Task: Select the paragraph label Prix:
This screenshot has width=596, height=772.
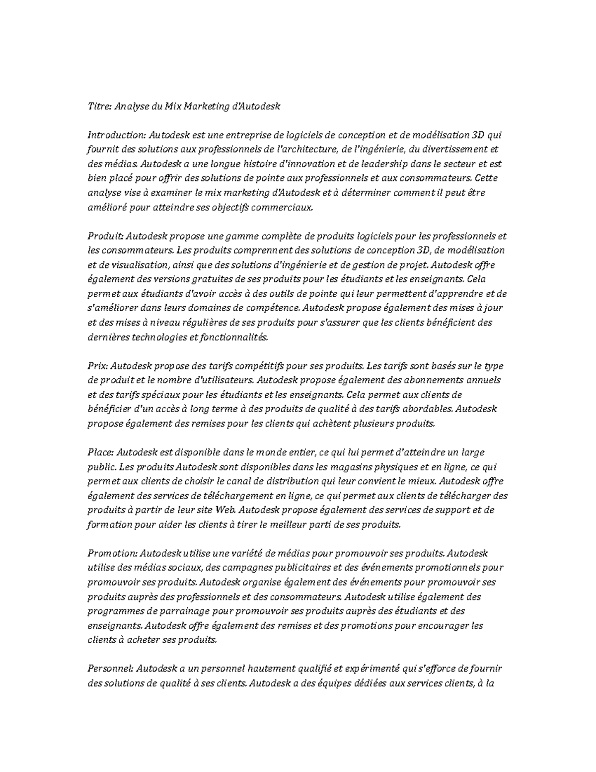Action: pos(97,366)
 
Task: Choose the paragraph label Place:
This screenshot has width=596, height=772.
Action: pos(101,452)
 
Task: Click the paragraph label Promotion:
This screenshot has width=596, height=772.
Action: pos(112,553)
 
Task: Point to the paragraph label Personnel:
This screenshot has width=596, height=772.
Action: pos(110,669)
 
